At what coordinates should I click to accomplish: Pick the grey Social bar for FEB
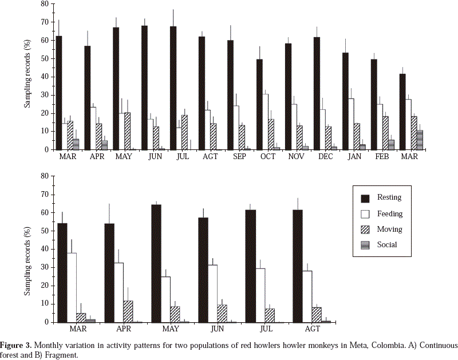coord(391,145)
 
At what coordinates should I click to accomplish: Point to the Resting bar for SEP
coord(230,95)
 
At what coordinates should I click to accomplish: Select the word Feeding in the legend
coord(390,214)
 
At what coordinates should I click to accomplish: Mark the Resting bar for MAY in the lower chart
coord(156,263)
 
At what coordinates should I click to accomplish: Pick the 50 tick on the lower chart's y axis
coord(43,231)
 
